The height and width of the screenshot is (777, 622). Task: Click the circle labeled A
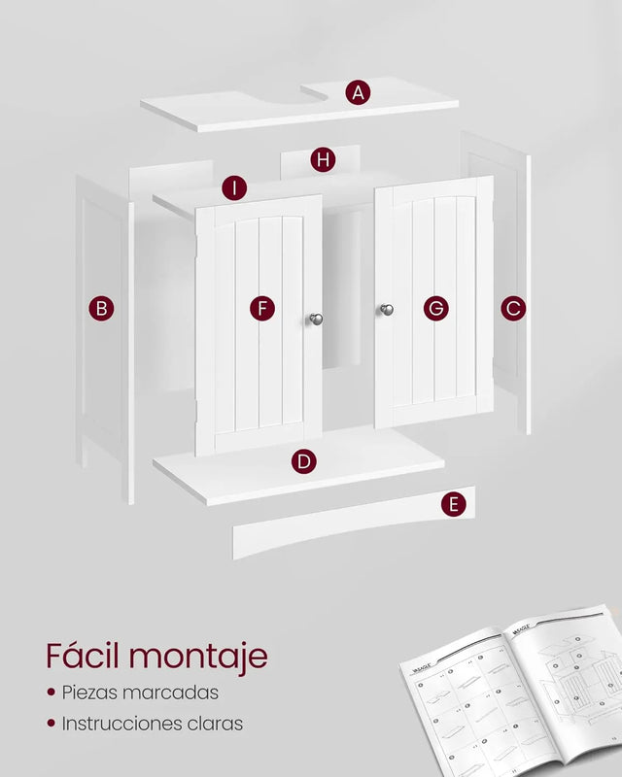pyautogui.click(x=359, y=93)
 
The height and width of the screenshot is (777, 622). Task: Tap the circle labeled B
pyautogui.click(x=101, y=309)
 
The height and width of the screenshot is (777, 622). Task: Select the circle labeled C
pyautogui.click(x=513, y=309)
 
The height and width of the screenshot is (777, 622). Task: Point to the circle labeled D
pyautogui.click(x=304, y=461)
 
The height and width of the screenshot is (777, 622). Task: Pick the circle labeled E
pyautogui.click(x=452, y=504)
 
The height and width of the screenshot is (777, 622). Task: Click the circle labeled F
pyautogui.click(x=261, y=309)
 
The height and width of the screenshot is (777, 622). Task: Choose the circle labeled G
pyautogui.click(x=436, y=309)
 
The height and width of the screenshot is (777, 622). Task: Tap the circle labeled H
pyautogui.click(x=323, y=159)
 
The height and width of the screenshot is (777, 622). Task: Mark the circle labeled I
pyautogui.click(x=234, y=187)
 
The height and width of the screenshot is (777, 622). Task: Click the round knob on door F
pyautogui.click(x=316, y=318)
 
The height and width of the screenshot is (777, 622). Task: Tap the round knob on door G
pyautogui.click(x=386, y=310)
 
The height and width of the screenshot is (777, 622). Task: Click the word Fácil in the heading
pyautogui.click(x=84, y=656)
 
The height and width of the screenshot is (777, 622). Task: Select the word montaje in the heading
pyautogui.click(x=198, y=658)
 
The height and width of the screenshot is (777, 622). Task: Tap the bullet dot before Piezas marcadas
pyautogui.click(x=50, y=693)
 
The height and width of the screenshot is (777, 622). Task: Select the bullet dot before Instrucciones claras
pyautogui.click(x=50, y=725)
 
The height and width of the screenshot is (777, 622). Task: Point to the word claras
pyautogui.click(x=216, y=724)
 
